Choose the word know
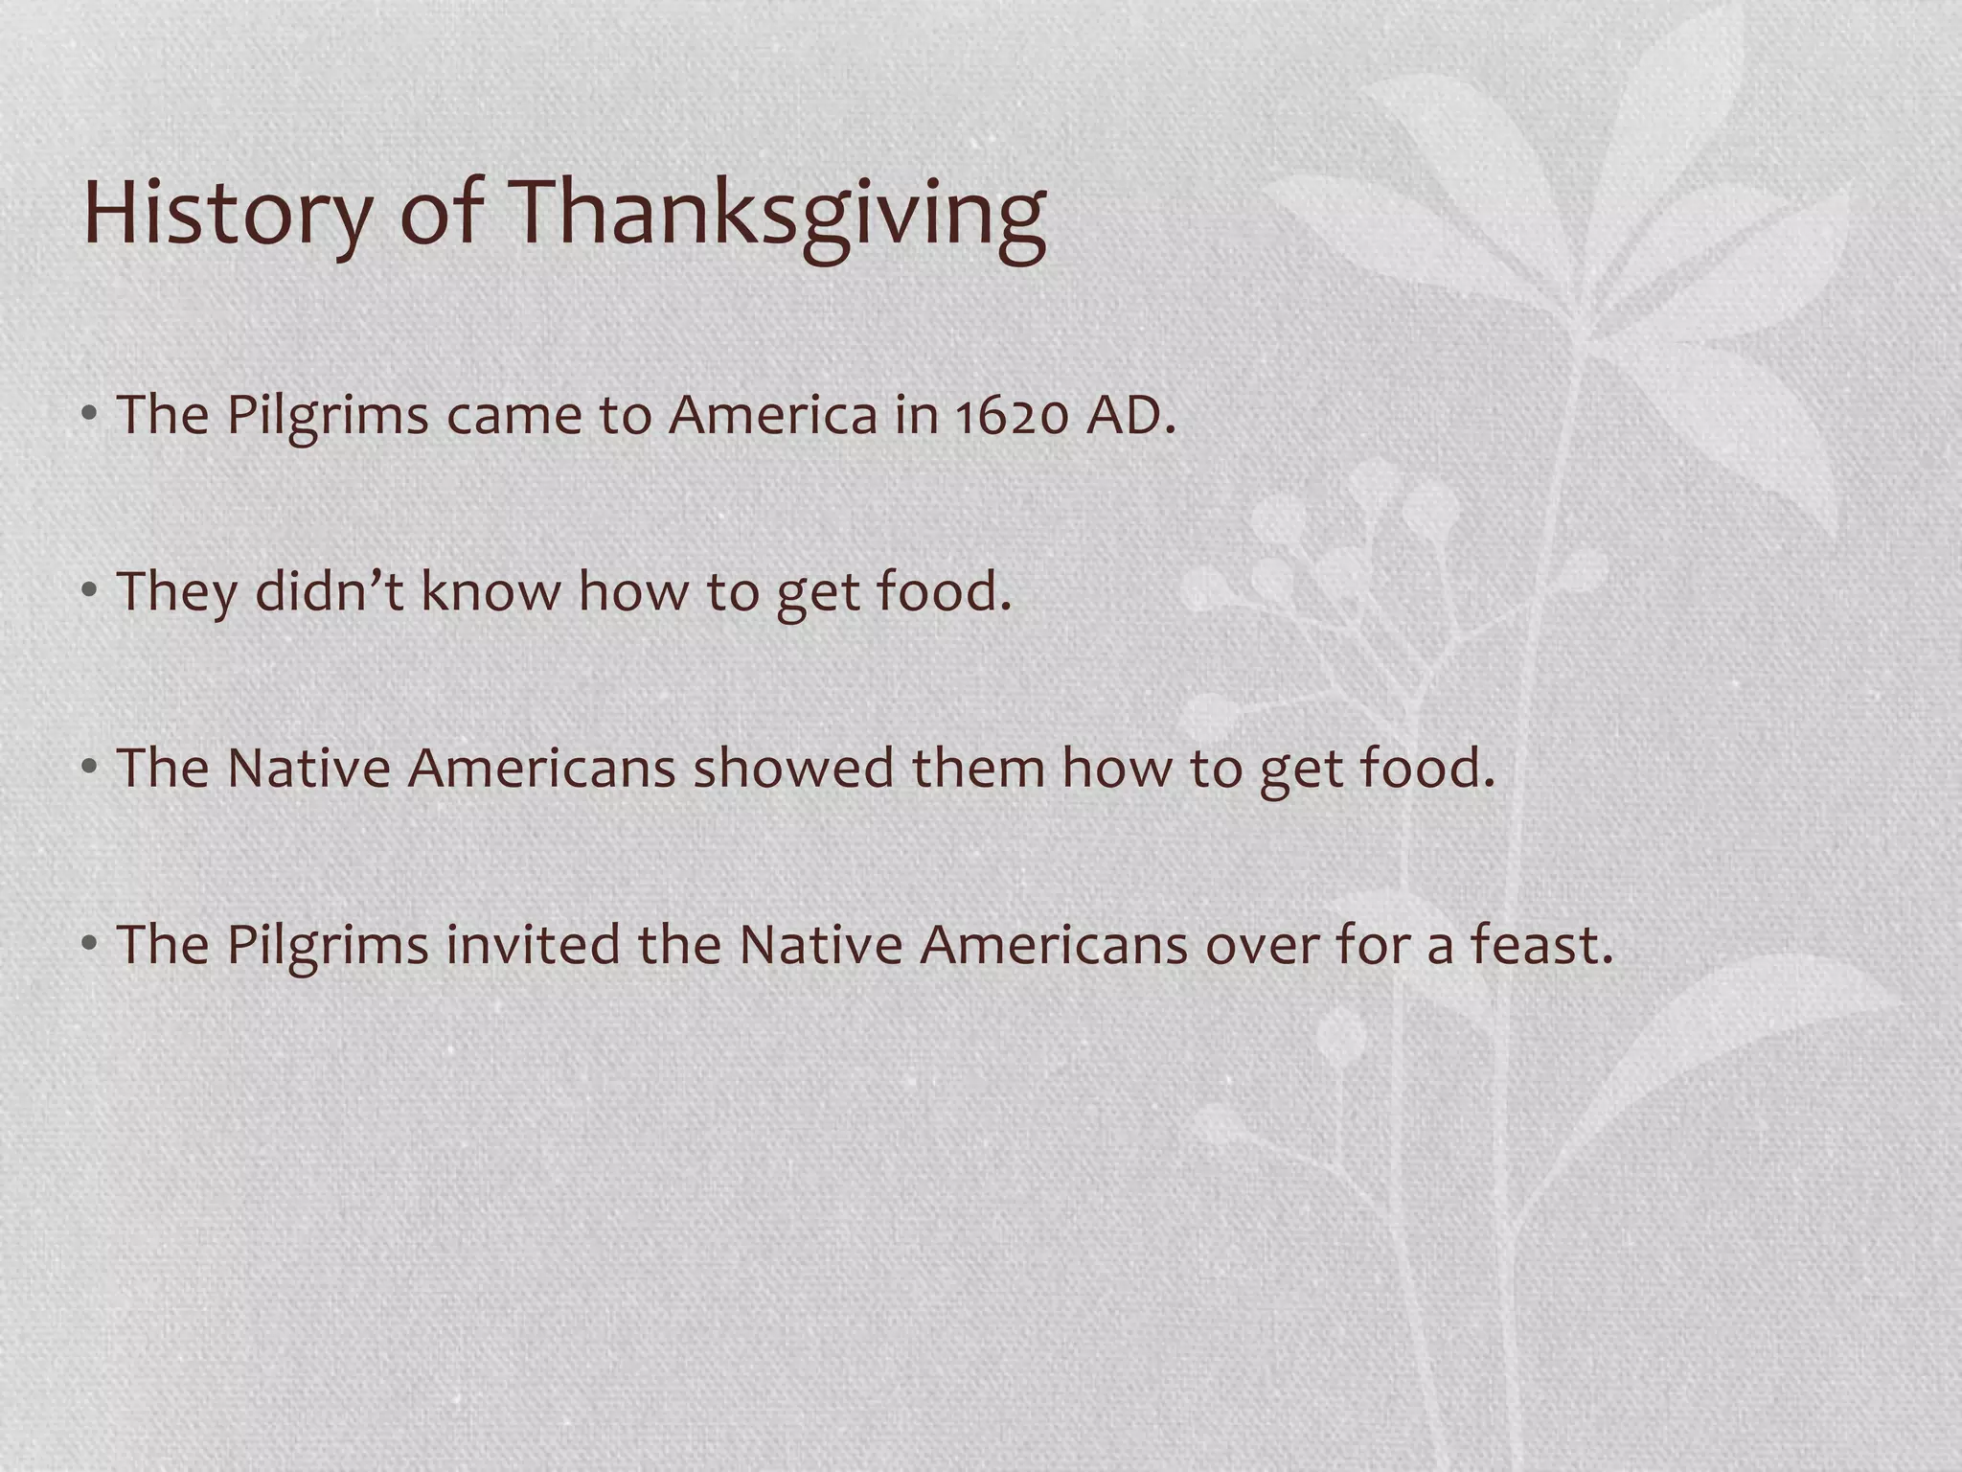point(490,591)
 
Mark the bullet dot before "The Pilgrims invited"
point(89,945)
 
